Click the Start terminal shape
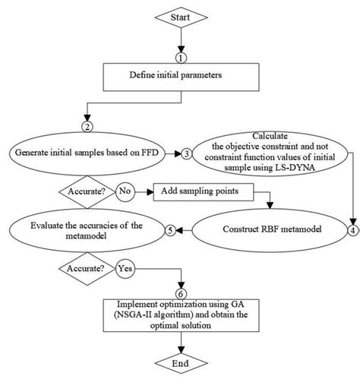pos(180,17)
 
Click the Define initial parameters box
pos(180,75)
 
